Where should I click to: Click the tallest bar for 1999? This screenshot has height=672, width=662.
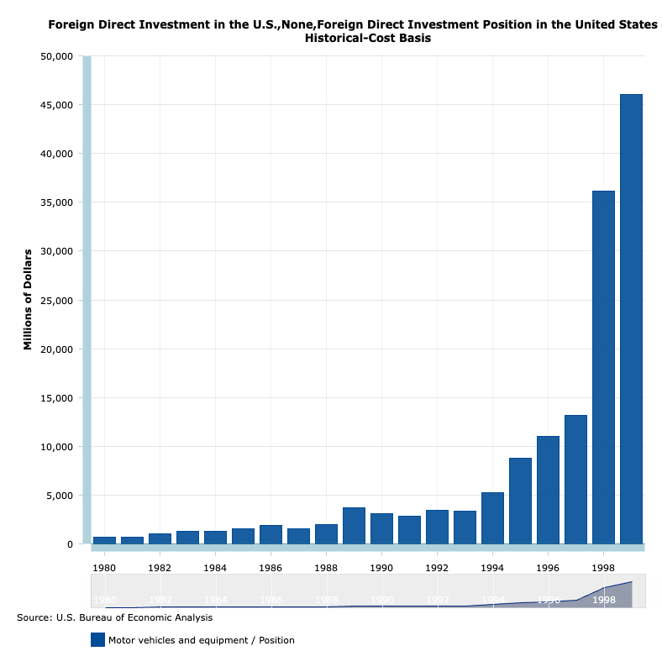coord(631,319)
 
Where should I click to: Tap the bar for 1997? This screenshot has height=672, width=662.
coord(575,480)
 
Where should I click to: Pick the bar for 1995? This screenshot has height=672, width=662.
coord(520,501)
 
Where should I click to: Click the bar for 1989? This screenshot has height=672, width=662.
coord(354,526)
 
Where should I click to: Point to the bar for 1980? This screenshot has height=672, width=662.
coord(104,540)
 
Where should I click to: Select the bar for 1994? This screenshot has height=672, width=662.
coord(492,518)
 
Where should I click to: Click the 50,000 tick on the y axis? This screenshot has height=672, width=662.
coord(56,56)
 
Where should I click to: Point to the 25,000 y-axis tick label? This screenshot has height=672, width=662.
coord(56,301)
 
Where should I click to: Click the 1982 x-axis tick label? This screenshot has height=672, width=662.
coord(160,567)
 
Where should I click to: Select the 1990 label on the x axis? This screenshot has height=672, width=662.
coord(381,567)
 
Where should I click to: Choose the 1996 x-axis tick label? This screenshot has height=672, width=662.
coord(548,567)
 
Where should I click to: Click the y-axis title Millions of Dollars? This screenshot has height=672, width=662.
coord(28,300)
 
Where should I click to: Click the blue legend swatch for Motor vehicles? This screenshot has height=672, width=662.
coord(97,640)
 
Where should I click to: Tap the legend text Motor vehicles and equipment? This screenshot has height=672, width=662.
coord(202,640)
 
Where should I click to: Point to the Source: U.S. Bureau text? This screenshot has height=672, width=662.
coord(114,617)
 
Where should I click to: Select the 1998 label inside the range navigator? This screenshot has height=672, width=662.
coord(603,601)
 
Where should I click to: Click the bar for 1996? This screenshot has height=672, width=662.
coord(548,490)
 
